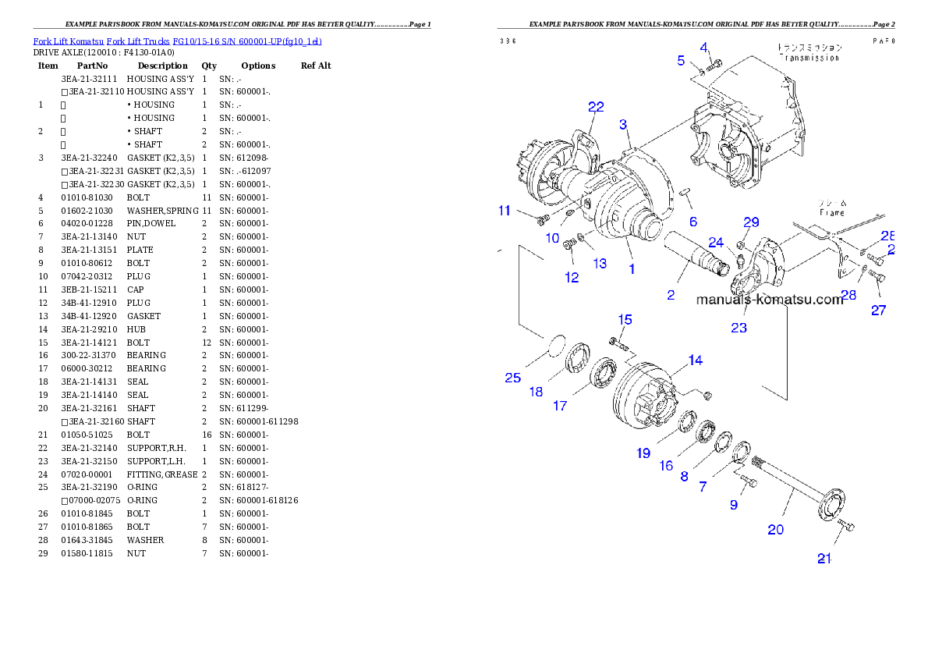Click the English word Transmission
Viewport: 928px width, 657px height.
coord(810,58)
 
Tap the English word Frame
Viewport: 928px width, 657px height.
coord(831,212)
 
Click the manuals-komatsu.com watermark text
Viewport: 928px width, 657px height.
coord(769,300)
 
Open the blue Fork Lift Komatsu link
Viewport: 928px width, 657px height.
coord(177,41)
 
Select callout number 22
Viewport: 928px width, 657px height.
coord(596,107)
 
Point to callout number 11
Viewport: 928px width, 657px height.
coord(505,211)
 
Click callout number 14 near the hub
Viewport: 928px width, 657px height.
coord(694,360)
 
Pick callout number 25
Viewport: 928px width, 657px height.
coord(512,378)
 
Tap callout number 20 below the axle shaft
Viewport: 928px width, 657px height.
coord(775,529)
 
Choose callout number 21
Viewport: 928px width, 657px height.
coord(825,558)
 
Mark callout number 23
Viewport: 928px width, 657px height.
coord(739,328)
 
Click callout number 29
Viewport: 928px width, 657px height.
coord(751,222)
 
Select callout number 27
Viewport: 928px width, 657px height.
coord(879,310)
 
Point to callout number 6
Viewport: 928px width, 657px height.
coord(692,222)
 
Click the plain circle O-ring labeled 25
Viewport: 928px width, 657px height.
coord(553,345)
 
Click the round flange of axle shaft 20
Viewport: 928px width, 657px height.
coord(831,503)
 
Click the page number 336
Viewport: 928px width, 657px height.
coord(508,41)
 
